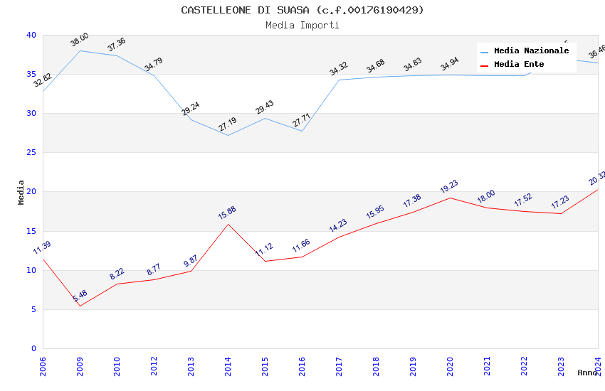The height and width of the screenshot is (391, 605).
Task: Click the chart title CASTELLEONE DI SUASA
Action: pyautogui.click(x=302, y=10)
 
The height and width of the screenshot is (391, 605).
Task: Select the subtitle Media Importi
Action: pyautogui.click(x=302, y=25)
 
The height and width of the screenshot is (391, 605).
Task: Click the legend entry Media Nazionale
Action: pyautogui.click(x=531, y=50)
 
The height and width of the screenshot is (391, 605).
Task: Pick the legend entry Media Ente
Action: pyautogui.click(x=519, y=64)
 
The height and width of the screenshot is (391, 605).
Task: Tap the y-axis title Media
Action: pyautogui.click(x=21, y=192)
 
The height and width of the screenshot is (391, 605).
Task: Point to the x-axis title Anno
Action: pyautogui.click(x=587, y=373)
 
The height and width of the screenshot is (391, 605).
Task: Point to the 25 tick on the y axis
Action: pyautogui.click(x=31, y=152)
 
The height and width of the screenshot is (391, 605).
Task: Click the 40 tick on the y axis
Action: pyautogui.click(x=31, y=35)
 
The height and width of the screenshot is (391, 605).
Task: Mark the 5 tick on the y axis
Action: pyautogui.click(x=33, y=309)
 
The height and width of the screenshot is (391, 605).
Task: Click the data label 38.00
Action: pyautogui.click(x=80, y=40)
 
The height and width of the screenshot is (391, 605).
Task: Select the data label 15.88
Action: pyautogui.click(x=227, y=213)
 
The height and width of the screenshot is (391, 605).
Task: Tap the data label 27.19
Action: pyautogui.click(x=227, y=124)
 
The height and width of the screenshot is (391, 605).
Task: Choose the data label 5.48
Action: pyautogui.click(x=80, y=295)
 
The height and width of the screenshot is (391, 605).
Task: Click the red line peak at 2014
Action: pyautogui.click(x=228, y=224)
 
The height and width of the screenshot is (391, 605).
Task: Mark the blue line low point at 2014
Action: pyautogui.click(x=228, y=135)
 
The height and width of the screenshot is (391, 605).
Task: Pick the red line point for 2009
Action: pyautogui.click(x=80, y=306)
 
